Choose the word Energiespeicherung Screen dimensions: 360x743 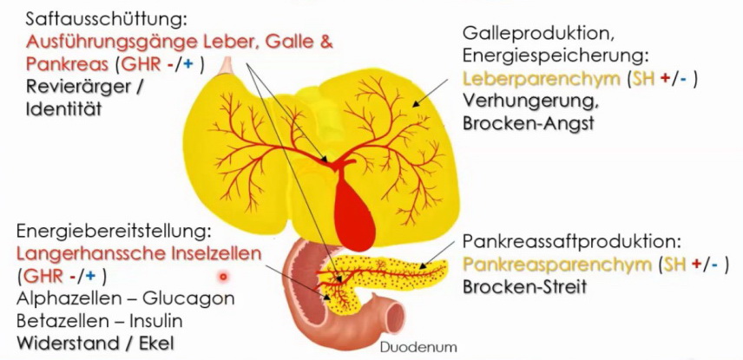(x=555, y=56)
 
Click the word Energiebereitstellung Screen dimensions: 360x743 (x=114, y=232)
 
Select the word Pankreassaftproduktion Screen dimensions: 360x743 (x=568, y=240)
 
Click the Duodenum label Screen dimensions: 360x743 (x=418, y=348)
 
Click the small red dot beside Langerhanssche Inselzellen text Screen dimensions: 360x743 (x=224, y=277)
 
